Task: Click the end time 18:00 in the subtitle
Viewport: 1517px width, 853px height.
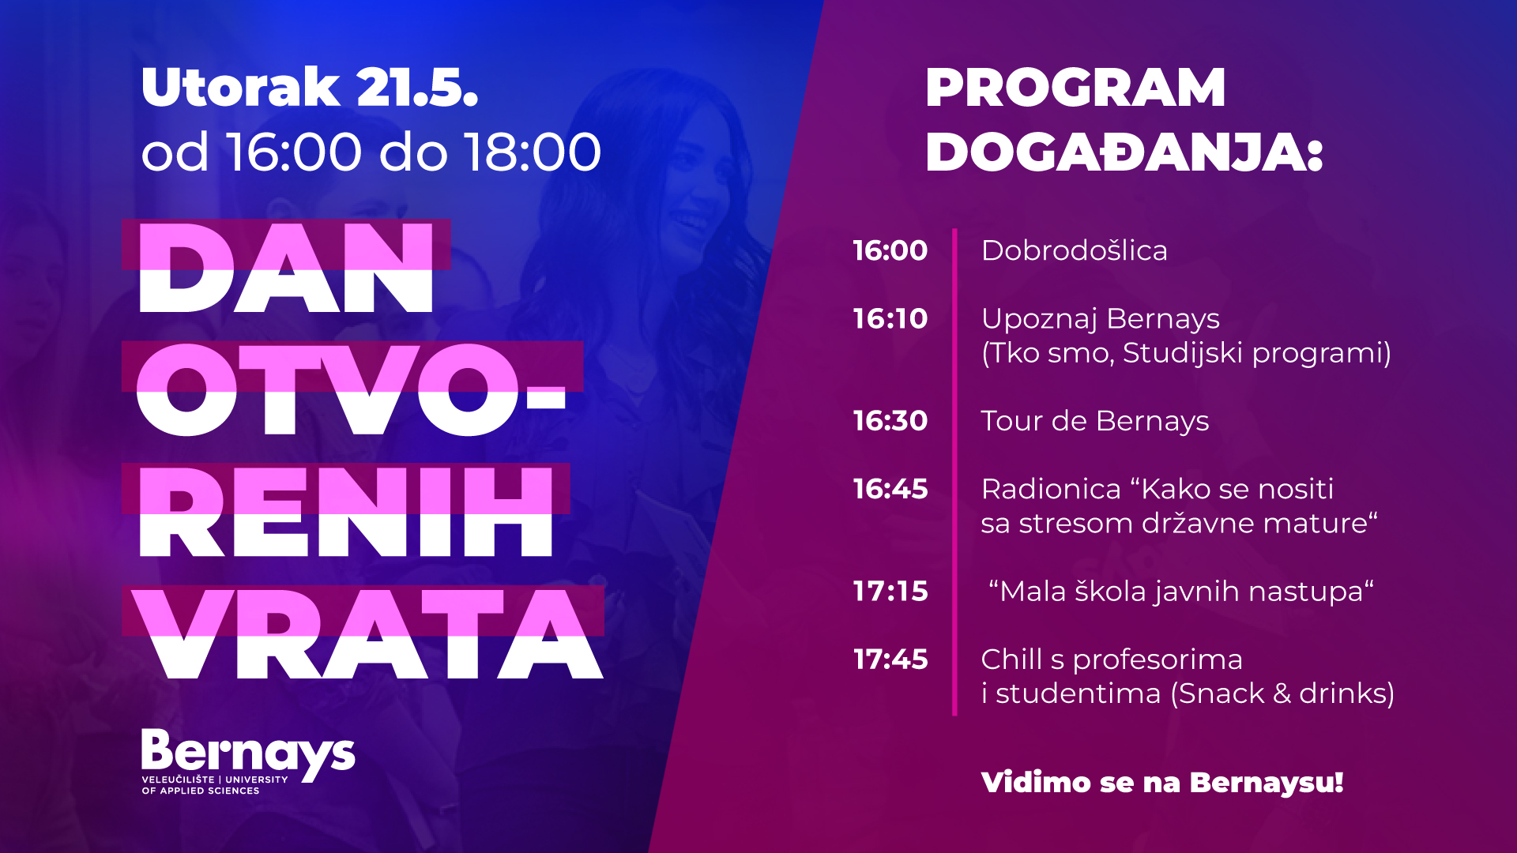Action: [x=533, y=152]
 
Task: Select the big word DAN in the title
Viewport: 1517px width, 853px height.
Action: [x=286, y=268]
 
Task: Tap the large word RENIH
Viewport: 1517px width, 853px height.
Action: [x=346, y=512]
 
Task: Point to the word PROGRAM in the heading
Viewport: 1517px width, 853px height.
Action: [x=1075, y=87]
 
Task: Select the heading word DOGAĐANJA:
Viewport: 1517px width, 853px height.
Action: [x=1124, y=152]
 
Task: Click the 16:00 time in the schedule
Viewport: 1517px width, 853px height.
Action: [x=890, y=250]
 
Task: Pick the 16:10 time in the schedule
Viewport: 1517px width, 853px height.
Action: [x=890, y=318]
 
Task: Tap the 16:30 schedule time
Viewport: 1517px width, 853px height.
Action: [x=890, y=421]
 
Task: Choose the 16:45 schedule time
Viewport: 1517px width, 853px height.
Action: [x=890, y=489]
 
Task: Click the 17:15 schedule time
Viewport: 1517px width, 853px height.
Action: [x=890, y=592]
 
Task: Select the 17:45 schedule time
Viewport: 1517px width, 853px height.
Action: [x=890, y=659]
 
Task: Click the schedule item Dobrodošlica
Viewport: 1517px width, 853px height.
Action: [x=1074, y=250]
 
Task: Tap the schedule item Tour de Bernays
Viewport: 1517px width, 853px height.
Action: [x=1094, y=422]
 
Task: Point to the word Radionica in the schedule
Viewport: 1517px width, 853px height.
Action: [x=1051, y=489]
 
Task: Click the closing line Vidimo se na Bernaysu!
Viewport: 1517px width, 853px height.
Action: [x=1162, y=783]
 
